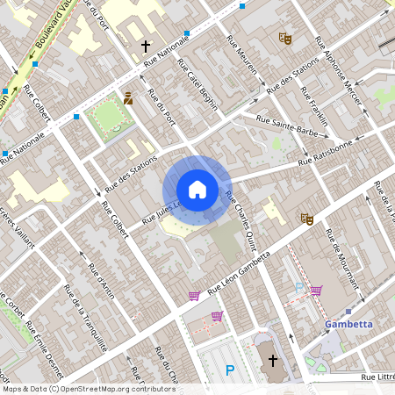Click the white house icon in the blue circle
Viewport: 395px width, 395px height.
point(197,189)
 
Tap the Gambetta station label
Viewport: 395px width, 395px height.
point(350,324)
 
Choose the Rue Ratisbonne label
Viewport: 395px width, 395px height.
point(325,151)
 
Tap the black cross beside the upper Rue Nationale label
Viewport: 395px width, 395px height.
point(146,46)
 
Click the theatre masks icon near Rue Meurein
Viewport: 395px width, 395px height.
point(284,38)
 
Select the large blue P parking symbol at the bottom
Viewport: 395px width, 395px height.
point(230,371)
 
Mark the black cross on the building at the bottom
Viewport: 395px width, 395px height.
point(272,360)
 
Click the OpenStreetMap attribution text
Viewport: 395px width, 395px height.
point(76,389)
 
